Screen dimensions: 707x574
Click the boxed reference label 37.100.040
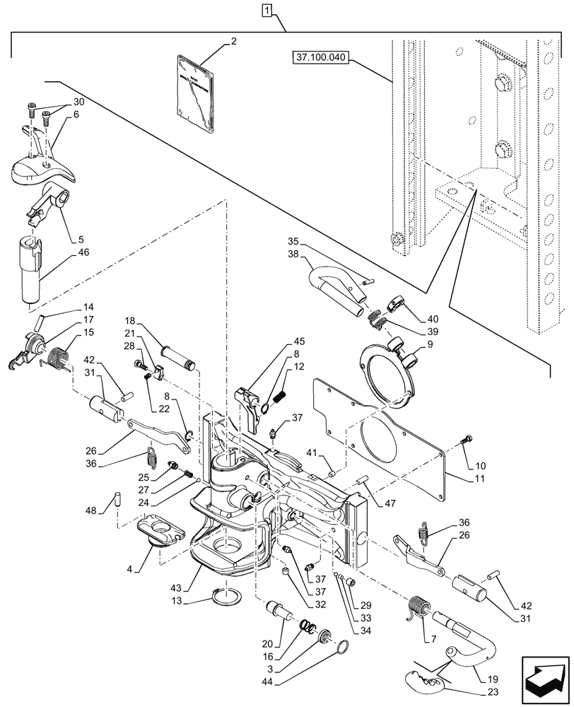point(319,57)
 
